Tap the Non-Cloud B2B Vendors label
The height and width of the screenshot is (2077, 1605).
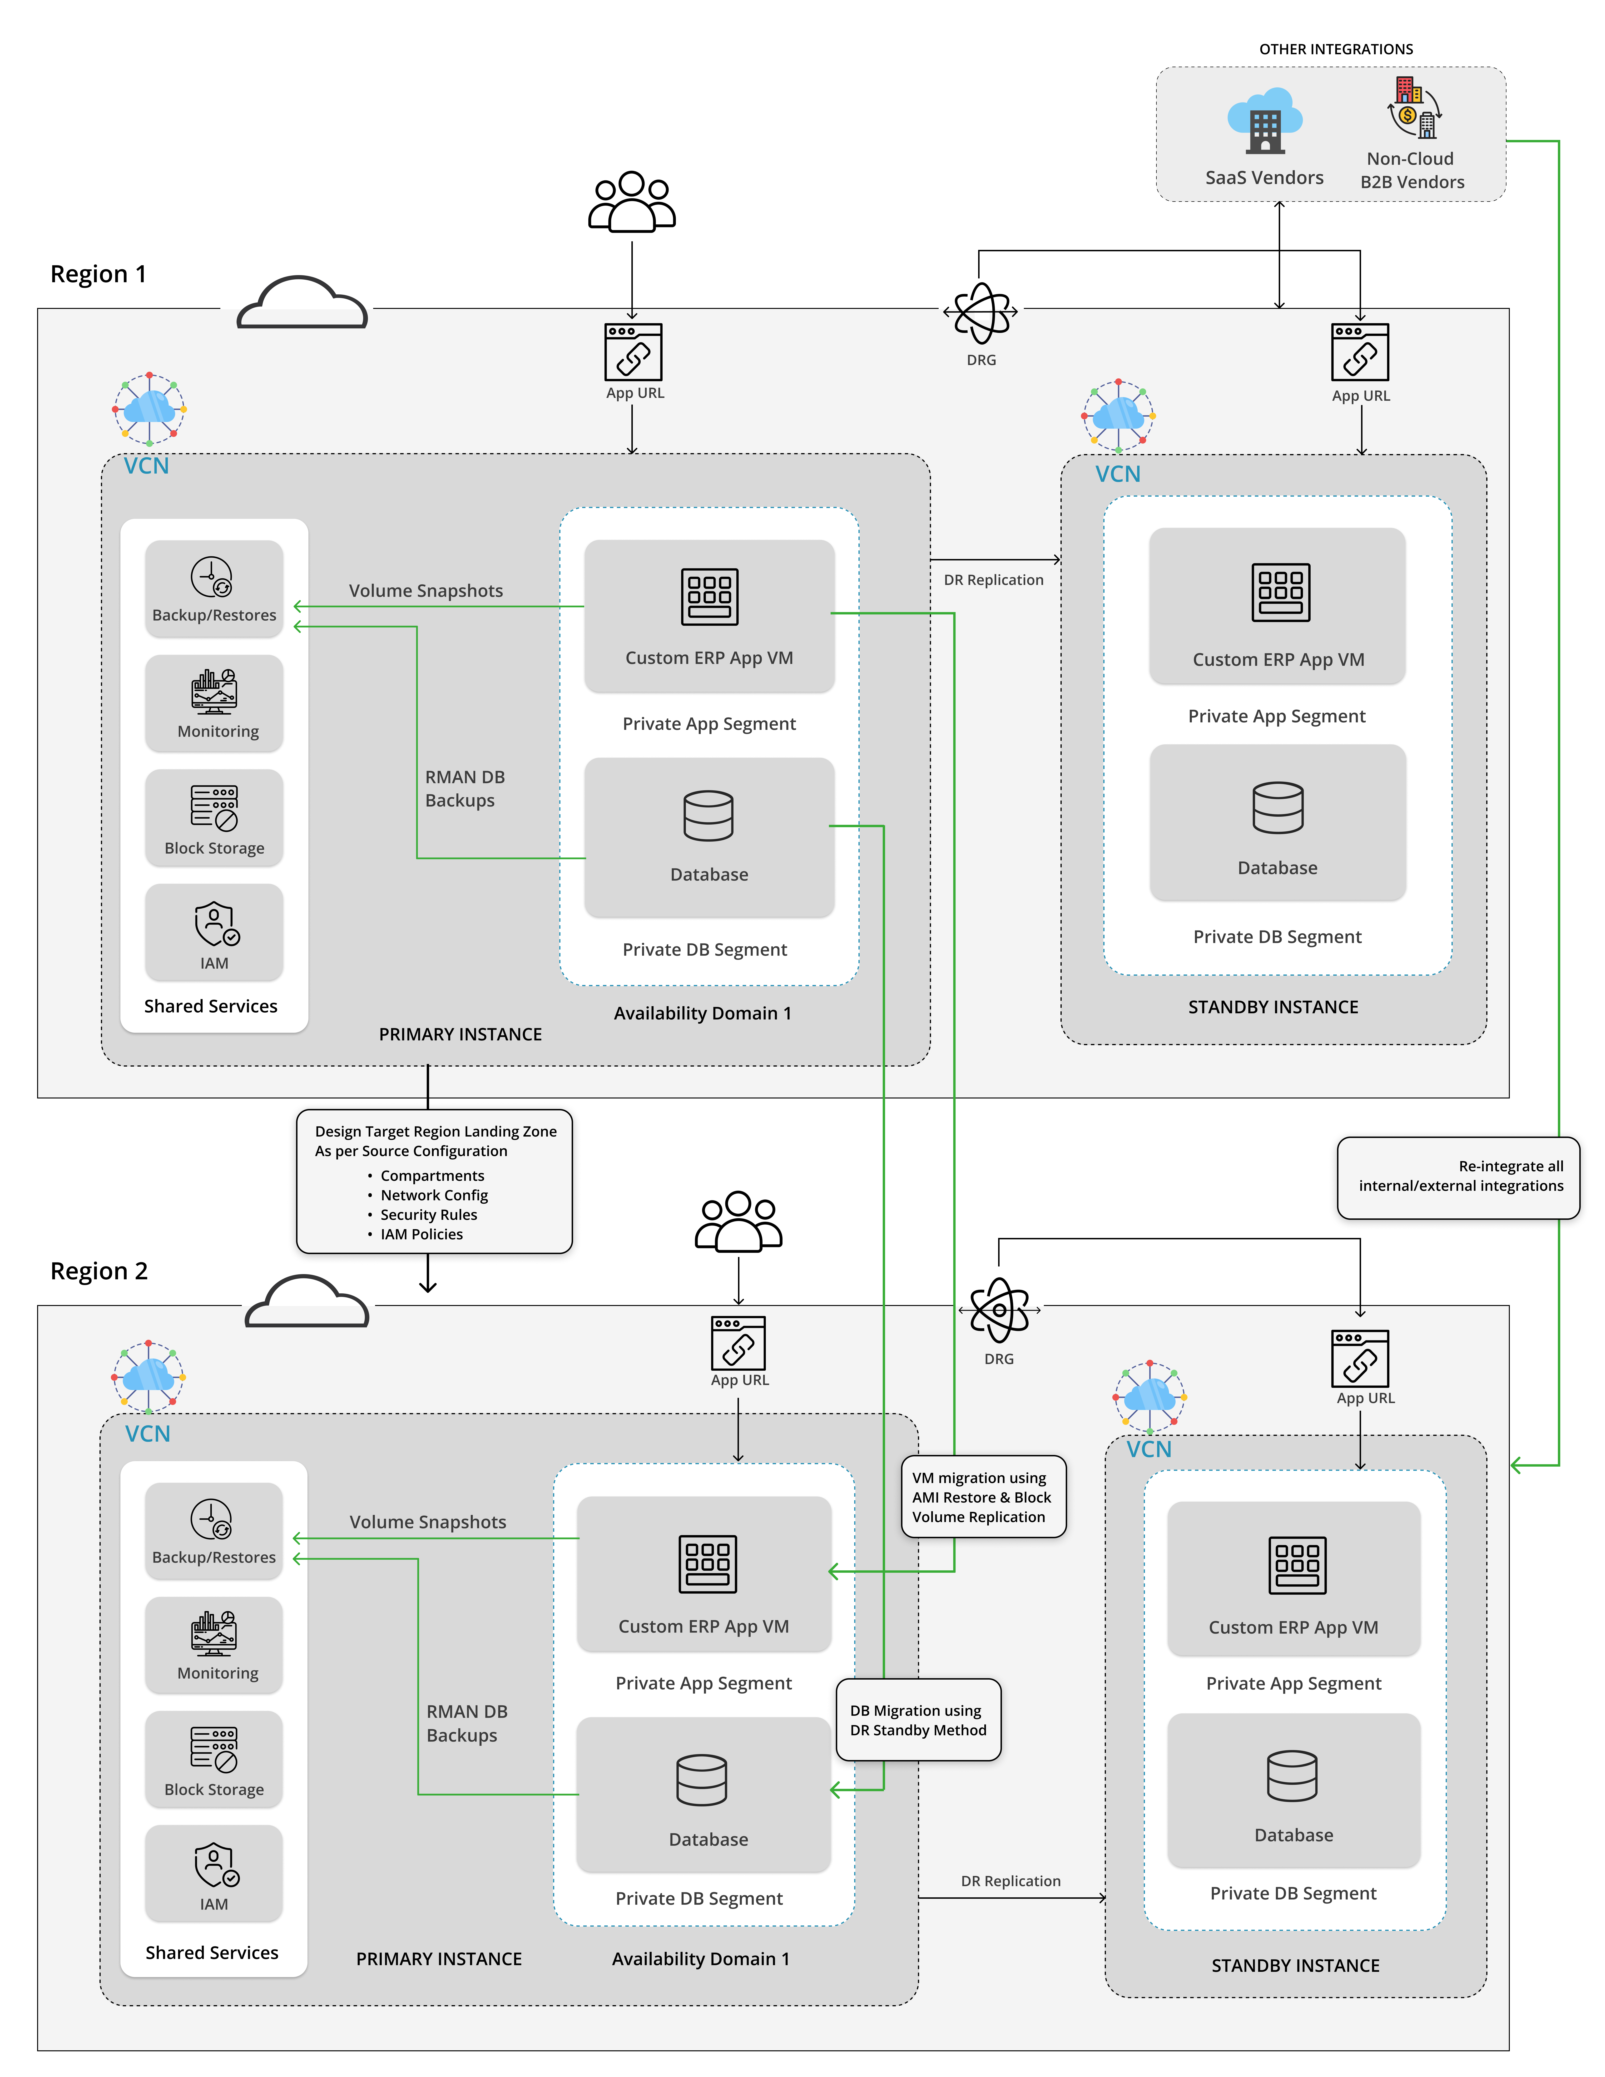click(x=1411, y=170)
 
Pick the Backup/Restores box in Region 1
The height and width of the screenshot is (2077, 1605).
click(x=214, y=588)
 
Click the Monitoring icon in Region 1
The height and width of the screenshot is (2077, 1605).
click(x=214, y=691)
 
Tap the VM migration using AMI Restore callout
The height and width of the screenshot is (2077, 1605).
click(x=982, y=1497)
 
